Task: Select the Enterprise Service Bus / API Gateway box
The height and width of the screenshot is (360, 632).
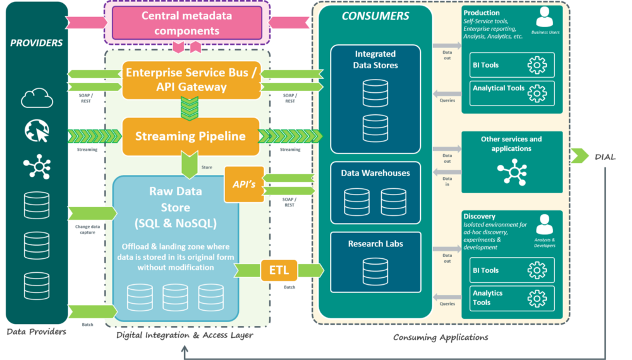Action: tap(191, 80)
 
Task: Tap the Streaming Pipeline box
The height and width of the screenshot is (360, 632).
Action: tap(190, 136)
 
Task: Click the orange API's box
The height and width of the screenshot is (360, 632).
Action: tap(244, 184)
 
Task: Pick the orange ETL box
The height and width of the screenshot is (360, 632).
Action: tap(279, 270)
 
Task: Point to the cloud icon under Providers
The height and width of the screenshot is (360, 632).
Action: tap(37, 98)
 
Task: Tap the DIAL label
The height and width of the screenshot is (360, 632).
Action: tap(605, 156)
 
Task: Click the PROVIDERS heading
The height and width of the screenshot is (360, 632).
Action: tap(37, 43)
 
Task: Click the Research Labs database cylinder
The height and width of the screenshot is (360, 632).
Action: tap(375, 271)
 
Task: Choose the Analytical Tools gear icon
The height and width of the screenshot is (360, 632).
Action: tap(537, 93)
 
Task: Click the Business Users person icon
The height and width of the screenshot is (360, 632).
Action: tap(543, 17)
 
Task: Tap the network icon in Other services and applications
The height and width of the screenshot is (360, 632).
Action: tap(512, 172)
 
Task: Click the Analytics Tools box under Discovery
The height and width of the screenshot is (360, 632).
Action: tap(512, 298)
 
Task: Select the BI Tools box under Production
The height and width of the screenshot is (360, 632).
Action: tap(512, 65)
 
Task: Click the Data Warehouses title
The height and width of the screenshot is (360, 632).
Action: tap(375, 173)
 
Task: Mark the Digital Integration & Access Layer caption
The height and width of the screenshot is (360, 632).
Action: tap(185, 335)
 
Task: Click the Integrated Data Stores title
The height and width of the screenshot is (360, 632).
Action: tap(375, 59)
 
